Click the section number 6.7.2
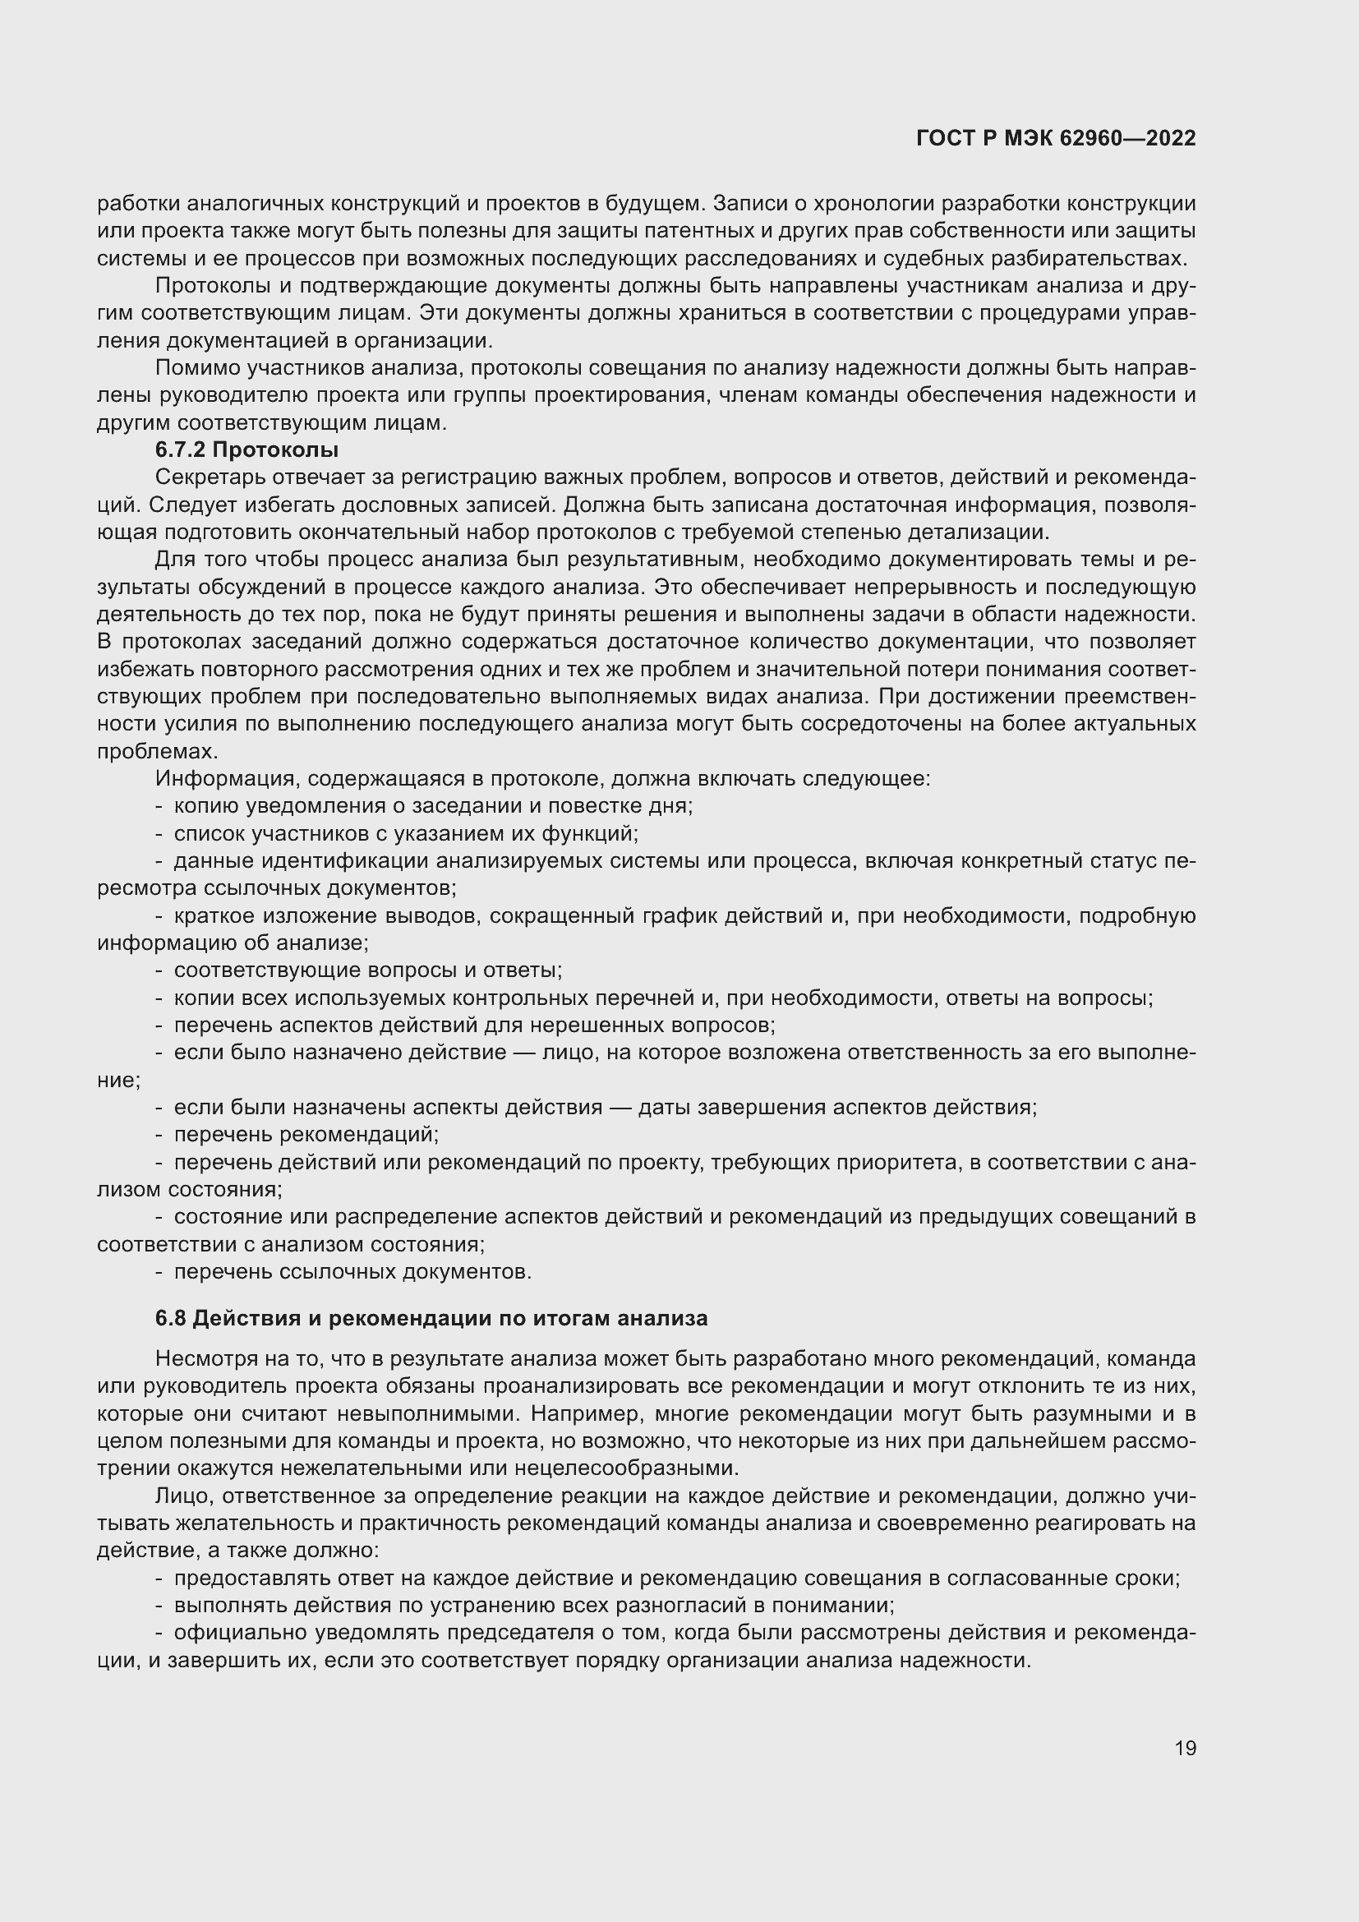(180, 450)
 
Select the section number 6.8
(171, 1318)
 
